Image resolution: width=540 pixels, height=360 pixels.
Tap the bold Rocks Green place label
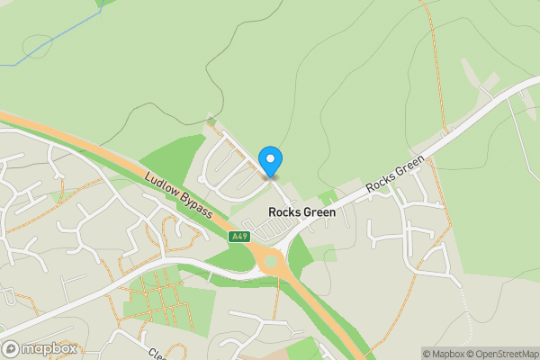[302, 213]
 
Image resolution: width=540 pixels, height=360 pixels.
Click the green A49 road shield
[238, 237]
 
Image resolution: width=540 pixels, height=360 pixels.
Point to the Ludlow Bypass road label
[178, 193]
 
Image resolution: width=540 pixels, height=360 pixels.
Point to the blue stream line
[54, 40]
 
